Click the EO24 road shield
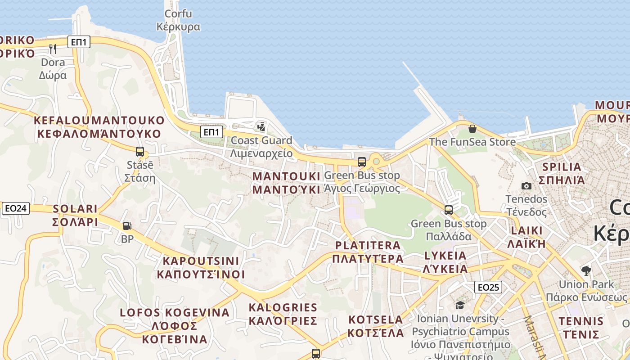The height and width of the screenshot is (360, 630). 16,208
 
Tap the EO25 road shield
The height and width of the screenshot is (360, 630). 488,287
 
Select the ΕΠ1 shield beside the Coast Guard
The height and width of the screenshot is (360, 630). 211,132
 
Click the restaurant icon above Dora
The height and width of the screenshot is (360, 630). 53,49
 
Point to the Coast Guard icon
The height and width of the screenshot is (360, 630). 261,127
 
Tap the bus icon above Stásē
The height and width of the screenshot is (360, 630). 140,152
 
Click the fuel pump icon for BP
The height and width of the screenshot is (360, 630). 127,226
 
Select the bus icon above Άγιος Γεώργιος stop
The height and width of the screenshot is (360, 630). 362,162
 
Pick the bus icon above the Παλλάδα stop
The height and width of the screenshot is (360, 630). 449,210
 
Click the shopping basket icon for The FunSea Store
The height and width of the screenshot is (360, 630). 472,129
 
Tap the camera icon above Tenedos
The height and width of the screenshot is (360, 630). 526,186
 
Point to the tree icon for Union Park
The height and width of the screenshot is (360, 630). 586,271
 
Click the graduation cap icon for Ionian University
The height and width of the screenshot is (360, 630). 460,306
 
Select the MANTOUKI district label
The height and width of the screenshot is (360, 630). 286,183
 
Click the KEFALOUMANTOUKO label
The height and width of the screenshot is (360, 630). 99,127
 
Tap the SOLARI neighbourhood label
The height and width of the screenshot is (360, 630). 75,215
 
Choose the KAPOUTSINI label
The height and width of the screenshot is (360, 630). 201,268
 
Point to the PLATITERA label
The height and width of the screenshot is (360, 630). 368,252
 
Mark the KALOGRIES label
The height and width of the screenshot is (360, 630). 283,314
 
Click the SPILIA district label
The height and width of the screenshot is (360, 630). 562,173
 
